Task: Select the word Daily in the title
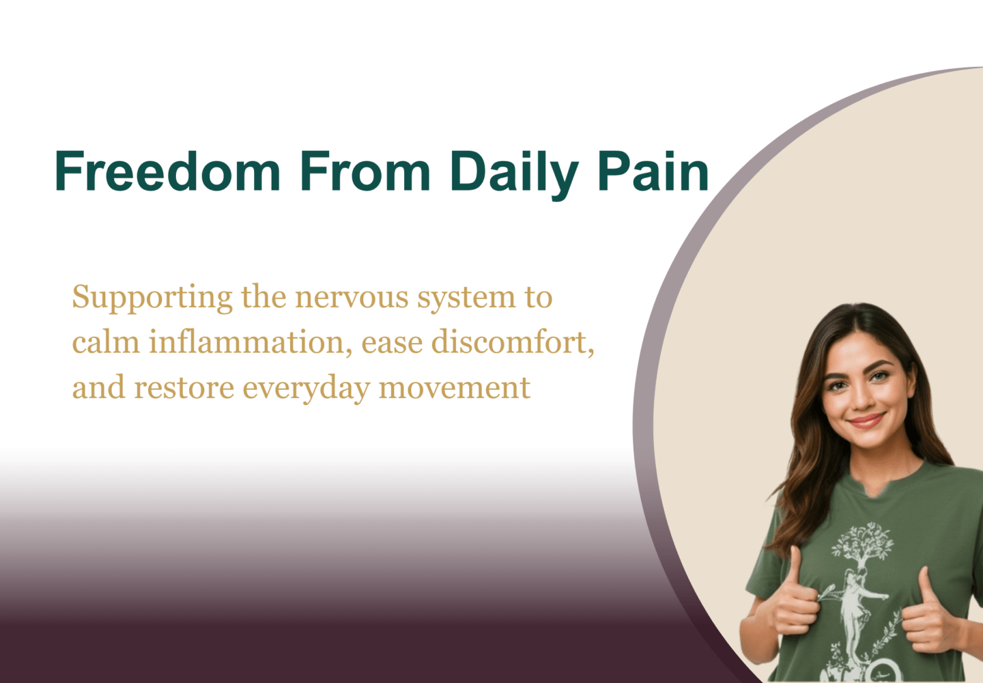pos(514,172)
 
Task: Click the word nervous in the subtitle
pos(352,298)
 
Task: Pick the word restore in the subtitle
pos(184,388)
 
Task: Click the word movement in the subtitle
pos(454,388)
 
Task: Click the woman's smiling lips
pos(866,419)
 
